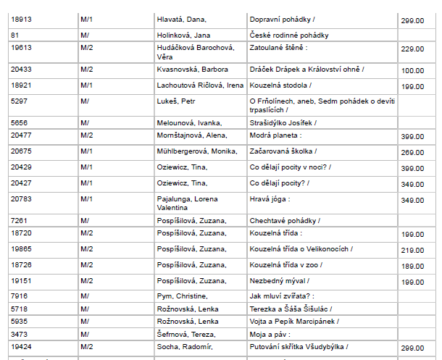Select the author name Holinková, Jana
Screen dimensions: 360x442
(183, 35)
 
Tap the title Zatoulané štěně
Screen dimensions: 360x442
(278, 49)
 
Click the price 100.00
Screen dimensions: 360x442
(412, 70)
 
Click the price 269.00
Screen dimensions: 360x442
(412, 153)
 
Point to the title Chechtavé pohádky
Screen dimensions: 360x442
(284, 220)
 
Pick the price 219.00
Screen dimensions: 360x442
(412, 250)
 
